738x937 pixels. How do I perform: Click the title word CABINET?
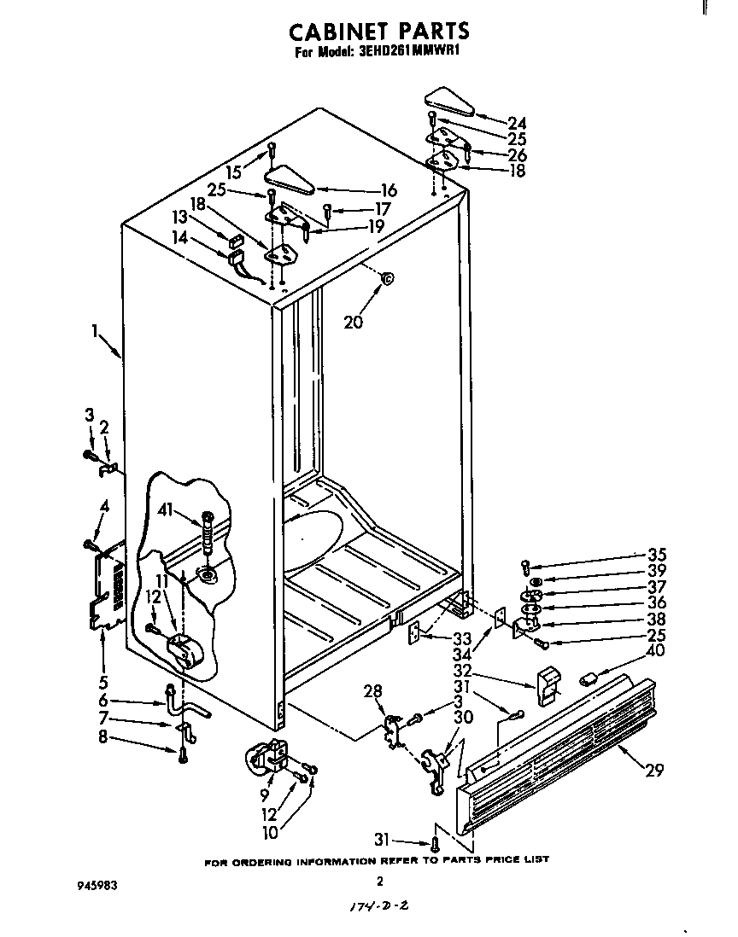(327, 32)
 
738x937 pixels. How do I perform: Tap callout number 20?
(353, 322)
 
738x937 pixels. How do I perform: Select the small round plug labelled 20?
(387, 278)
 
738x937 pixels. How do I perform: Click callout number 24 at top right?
(516, 122)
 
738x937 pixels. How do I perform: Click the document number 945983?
(96, 886)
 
